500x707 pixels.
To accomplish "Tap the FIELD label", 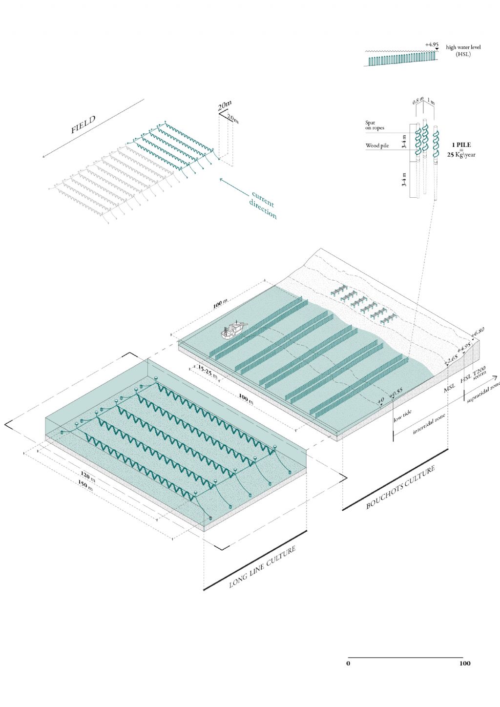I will pos(83,125).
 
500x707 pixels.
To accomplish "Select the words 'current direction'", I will pos(263,205).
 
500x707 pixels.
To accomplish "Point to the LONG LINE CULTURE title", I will pos(262,567).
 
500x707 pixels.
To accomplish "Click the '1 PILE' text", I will pos(461,145).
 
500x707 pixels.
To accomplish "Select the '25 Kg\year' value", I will pos(461,155).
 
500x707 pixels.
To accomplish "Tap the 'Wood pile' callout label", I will pos(377,146).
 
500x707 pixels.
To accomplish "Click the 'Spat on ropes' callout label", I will pos(375,125).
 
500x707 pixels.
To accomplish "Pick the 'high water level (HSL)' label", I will pos(463,50).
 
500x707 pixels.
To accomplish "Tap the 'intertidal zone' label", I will pos(430,424).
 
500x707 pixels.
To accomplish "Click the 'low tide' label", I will pos(402,416).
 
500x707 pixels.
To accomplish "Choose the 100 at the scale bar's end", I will pos(464,663).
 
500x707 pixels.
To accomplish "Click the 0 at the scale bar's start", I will pos(348,663).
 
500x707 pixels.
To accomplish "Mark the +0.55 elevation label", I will pos(396,391).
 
